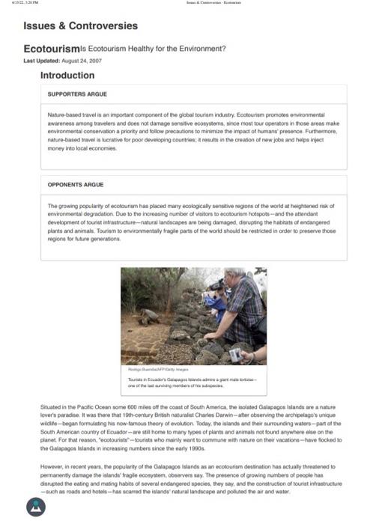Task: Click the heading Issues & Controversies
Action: coord(80,26)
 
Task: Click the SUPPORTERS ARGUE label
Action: coord(77,94)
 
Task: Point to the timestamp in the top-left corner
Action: coord(14,3)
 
